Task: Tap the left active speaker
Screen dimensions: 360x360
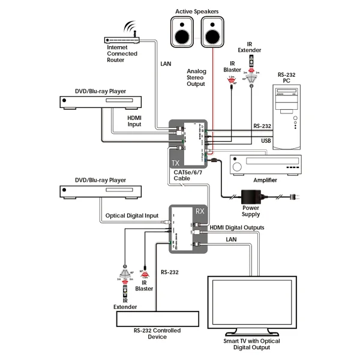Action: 182,31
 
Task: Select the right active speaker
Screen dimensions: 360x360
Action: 211,31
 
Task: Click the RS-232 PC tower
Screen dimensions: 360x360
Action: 286,112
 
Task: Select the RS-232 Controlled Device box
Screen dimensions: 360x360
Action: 157,319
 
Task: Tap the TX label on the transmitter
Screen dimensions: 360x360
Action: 175,163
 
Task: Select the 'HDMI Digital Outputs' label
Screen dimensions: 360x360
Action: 237,227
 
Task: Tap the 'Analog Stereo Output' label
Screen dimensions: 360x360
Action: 196,77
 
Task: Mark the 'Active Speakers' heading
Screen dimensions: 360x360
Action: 196,10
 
